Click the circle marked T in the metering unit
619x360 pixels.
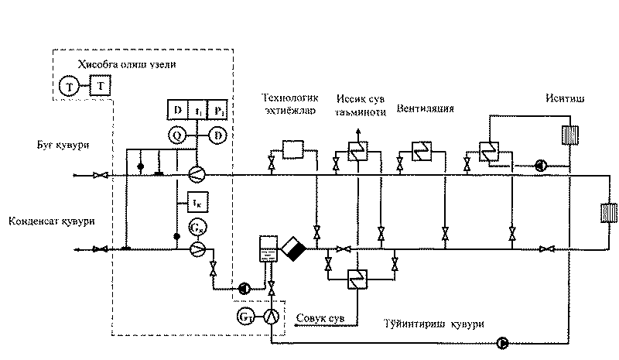point(69,86)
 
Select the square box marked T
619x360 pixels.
point(98,86)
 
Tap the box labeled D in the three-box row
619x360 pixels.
point(177,111)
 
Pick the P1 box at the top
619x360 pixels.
point(221,111)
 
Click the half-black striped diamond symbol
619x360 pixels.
point(295,249)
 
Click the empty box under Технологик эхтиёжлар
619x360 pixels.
point(293,149)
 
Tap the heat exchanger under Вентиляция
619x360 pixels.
point(422,150)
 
